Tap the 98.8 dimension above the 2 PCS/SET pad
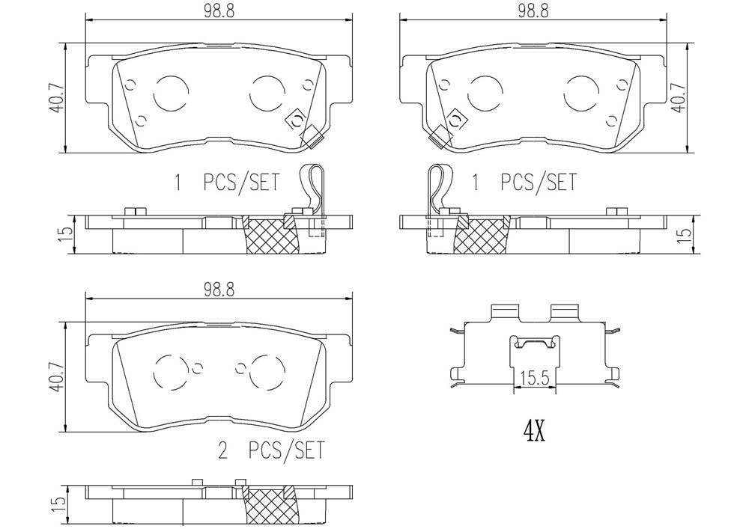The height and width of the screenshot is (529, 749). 219,290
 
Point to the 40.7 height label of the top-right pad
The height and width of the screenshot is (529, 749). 679,97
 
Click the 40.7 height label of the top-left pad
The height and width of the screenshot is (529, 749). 56,97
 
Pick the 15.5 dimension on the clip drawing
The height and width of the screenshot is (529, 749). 535,379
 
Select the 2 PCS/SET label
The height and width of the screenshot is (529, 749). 271,450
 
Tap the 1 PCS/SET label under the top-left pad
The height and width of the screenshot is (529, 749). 226,183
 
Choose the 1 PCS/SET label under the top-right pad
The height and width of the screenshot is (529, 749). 524,183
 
